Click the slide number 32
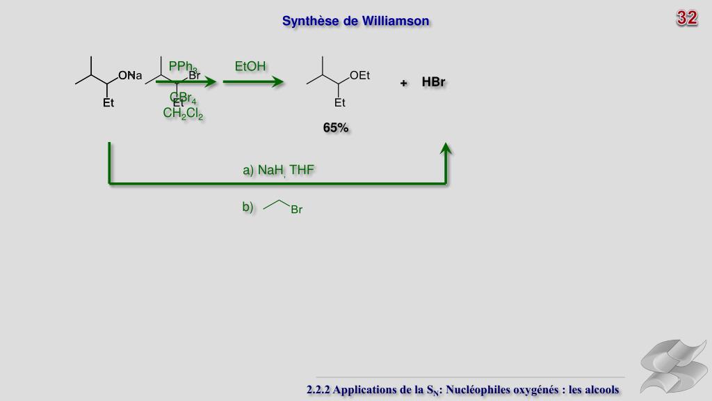(x=687, y=18)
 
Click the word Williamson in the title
(x=395, y=21)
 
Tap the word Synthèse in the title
(x=309, y=21)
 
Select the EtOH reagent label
(x=250, y=67)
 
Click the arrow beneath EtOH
(x=253, y=82)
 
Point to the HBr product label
(x=433, y=82)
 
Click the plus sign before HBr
(x=403, y=84)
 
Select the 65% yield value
(x=336, y=128)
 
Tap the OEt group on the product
(x=359, y=76)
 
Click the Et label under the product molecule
(x=340, y=103)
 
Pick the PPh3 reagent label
(x=182, y=67)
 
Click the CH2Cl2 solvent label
(x=183, y=113)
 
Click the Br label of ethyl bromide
(x=297, y=210)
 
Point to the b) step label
(x=248, y=207)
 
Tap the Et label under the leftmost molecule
(x=108, y=103)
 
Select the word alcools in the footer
(x=594, y=390)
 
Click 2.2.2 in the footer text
(x=318, y=390)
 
